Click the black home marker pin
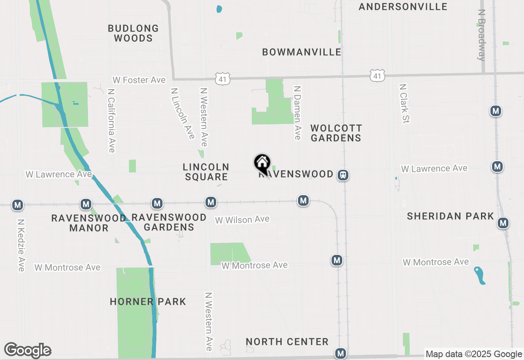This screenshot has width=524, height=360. (262, 164)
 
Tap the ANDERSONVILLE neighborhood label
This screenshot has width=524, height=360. (403, 7)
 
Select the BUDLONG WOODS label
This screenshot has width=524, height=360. (133, 33)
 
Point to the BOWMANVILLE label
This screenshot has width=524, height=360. (302, 52)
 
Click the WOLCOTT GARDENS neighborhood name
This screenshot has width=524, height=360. (336, 133)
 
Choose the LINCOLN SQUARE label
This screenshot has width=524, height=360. (206, 172)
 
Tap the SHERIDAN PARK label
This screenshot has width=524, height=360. (450, 216)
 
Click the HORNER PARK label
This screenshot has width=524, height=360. (148, 302)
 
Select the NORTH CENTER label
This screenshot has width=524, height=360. (287, 342)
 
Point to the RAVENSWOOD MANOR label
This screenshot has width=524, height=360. (88, 223)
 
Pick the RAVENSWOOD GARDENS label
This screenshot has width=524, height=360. (169, 222)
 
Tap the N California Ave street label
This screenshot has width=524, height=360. (111, 120)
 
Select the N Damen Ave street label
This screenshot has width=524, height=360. (298, 112)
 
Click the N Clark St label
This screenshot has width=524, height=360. (404, 103)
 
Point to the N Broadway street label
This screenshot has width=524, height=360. (481, 35)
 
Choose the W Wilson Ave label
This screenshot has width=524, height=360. (242, 220)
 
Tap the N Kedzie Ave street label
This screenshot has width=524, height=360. (21, 245)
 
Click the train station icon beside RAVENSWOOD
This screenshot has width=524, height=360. (343, 175)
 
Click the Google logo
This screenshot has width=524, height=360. (28, 350)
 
